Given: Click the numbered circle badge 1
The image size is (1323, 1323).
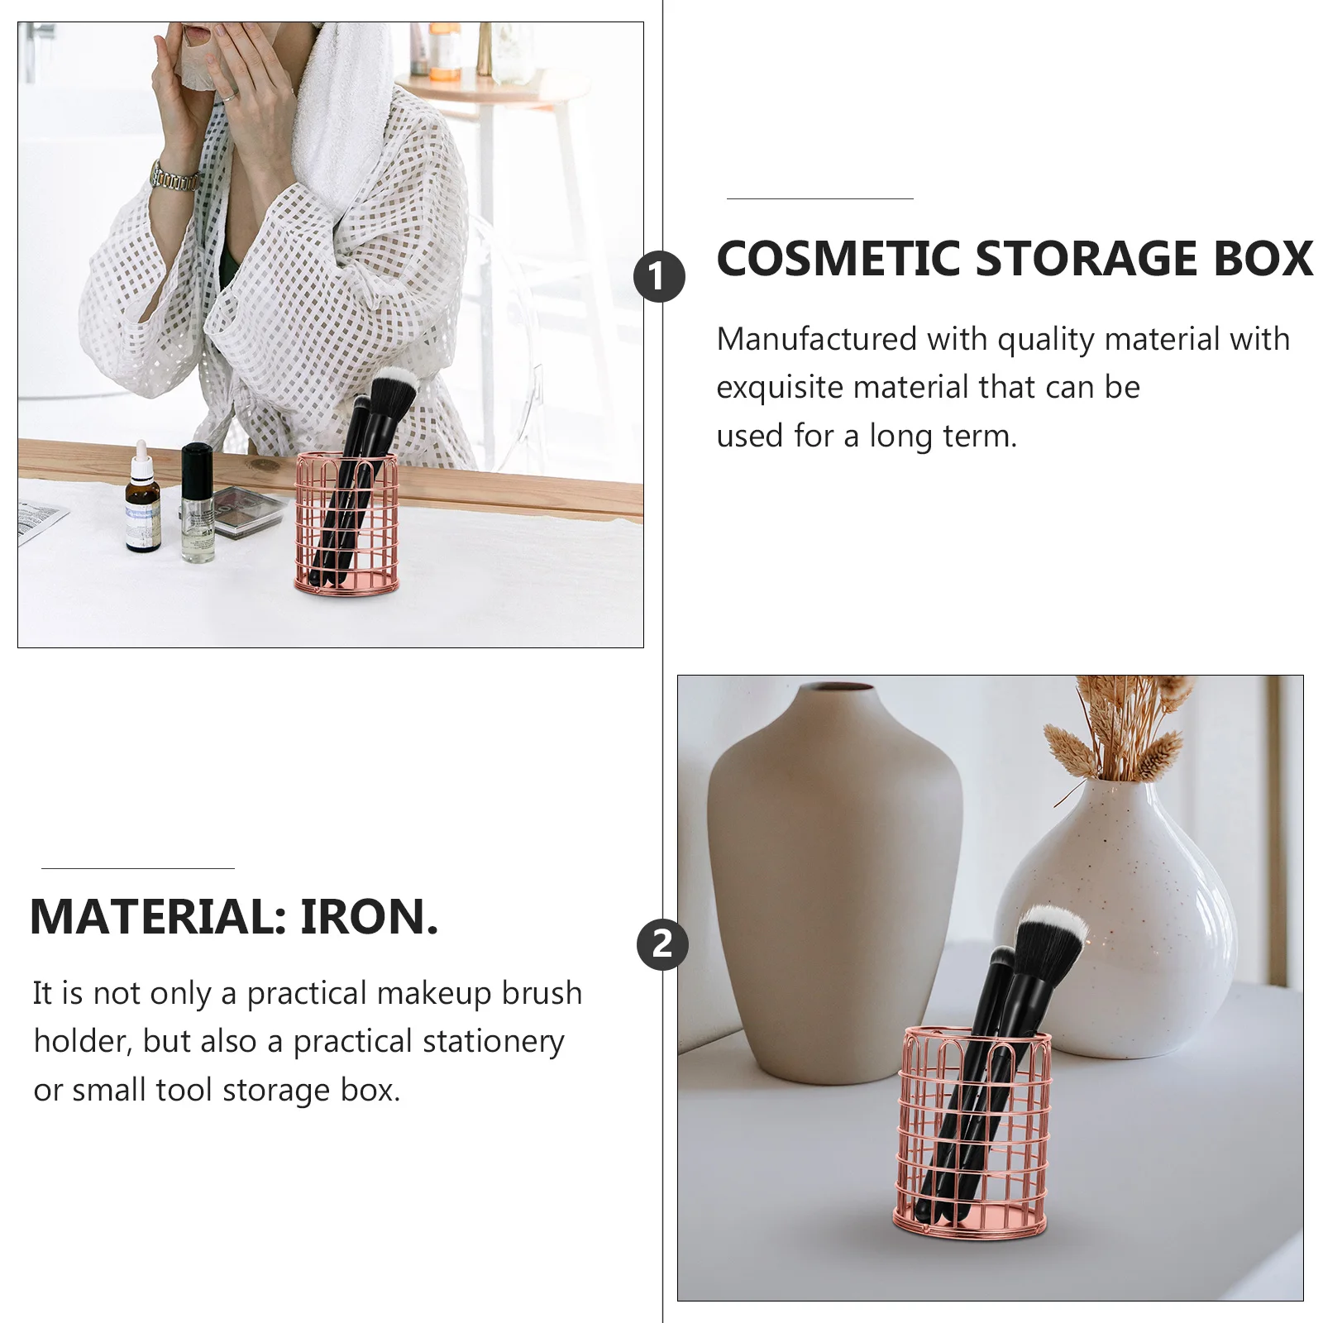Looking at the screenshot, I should pyautogui.click(x=659, y=277).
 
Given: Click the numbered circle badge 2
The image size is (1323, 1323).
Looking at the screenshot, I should pyautogui.click(x=662, y=944).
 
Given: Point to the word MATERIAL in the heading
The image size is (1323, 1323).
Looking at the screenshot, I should pyautogui.click(x=158, y=917).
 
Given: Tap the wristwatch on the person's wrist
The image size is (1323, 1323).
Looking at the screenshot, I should pyautogui.click(x=174, y=177).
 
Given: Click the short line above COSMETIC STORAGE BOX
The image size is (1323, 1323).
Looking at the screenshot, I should pyautogui.click(x=819, y=198).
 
